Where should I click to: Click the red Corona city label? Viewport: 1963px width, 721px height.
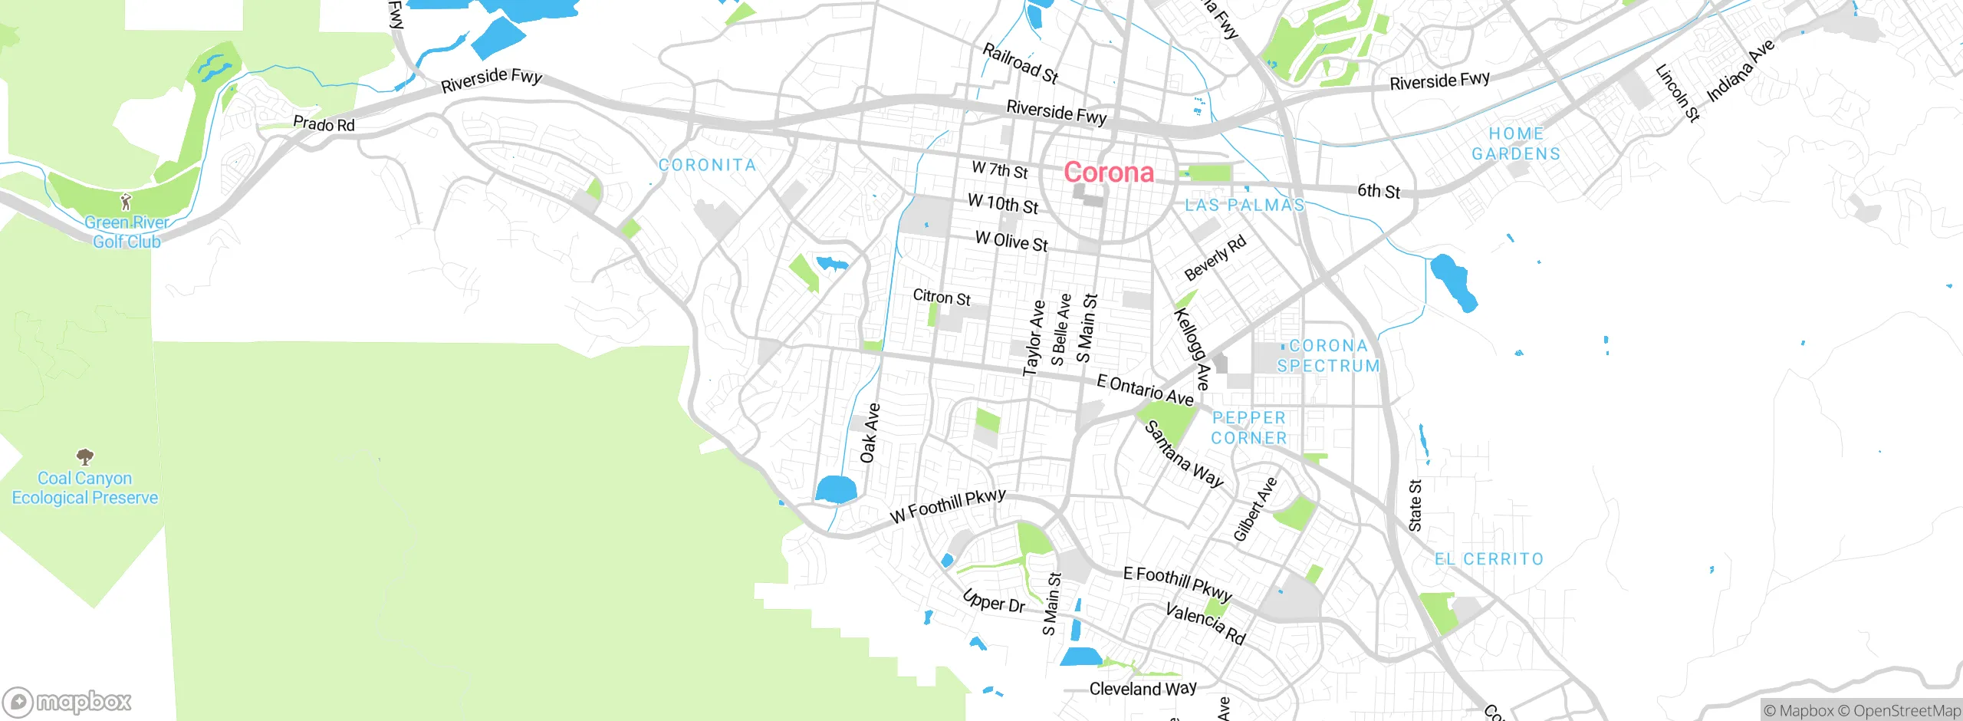tap(1108, 173)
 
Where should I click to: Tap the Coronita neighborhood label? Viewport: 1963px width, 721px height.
tap(707, 165)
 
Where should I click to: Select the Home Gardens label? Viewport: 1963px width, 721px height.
tap(1516, 143)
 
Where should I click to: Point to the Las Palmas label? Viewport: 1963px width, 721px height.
tap(1245, 205)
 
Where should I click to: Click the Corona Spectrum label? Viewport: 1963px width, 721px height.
tap(1328, 356)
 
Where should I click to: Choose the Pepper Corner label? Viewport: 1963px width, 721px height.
tap(1248, 428)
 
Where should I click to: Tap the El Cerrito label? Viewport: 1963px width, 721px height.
tap(1488, 559)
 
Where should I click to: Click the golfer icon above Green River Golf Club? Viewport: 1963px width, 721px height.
tap(127, 202)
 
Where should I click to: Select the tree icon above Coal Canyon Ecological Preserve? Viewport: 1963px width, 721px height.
tap(85, 457)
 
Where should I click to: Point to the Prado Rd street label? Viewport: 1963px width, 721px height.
tap(324, 123)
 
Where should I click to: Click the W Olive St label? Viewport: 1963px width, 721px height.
tap(1011, 242)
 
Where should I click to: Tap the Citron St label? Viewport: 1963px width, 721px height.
tap(942, 297)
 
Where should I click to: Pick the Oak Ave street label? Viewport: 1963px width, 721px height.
tap(870, 433)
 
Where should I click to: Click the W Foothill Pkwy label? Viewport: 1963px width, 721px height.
tap(948, 506)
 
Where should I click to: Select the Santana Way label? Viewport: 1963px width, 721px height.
tap(1184, 455)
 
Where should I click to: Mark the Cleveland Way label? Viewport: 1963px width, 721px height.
tap(1143, 689)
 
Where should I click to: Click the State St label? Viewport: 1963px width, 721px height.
tap(1416, 505)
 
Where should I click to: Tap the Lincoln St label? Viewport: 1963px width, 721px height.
tap(1678, 93)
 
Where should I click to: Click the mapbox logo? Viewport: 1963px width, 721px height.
tap(67, 702)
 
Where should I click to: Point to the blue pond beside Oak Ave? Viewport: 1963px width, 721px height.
tap(836, 489)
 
